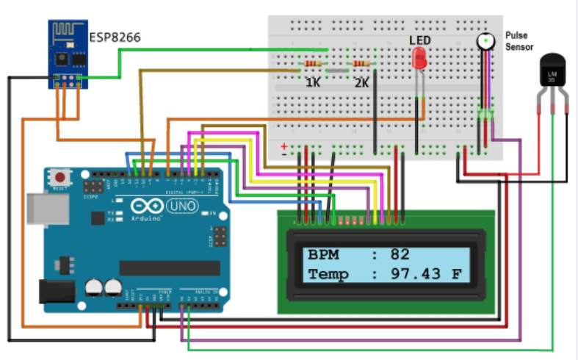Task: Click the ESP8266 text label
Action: pyautogui.click(x=115, y=37)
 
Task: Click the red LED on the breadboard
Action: pyautogui.click(x=419, y=59)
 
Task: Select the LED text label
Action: pyautogui.click(x=421, y=40)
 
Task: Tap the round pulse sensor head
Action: pyautogui.click(x=485, y=41)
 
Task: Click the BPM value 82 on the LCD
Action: pyautogui.click(x=400, y=256)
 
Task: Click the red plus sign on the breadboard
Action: pyautogui.click(x=284, y=146)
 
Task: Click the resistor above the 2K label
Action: pyautogui.click(x=361, y=65)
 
